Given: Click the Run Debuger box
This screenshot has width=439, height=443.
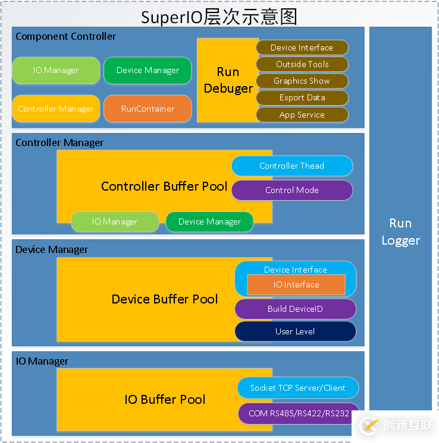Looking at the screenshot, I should pyautogui.click(x=228, y=80).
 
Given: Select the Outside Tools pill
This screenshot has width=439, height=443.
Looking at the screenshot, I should pyautogui.click(x=302, y=64).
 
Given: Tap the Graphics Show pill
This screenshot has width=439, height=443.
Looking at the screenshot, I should pyautogui.click(x=302, y=81).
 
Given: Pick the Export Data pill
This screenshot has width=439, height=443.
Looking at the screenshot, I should pyautogui.click(x=302, y=97).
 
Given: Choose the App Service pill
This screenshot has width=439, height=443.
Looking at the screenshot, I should pyautogui.click(x=302, y=115).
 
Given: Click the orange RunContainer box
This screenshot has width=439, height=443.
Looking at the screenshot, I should pyautogui.click(x=148, y=109).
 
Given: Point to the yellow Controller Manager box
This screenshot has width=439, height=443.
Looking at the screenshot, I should pyautogui.click(x=56, y=109).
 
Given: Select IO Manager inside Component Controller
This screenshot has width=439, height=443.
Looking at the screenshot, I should pyautogui.click(x=56, y=70).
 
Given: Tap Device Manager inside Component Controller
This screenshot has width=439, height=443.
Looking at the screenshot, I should pyautogui.click(x=148, y=70).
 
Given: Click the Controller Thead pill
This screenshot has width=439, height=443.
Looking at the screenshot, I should pyautogui.click(x=292, y=166).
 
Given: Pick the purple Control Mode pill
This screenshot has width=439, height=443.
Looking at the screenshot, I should pyautogui.click(x=292, y=190).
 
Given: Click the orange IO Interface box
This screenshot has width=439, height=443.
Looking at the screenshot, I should pyautogui.click(x=296, y=284).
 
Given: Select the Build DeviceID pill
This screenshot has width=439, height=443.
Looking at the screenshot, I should pyautogui.click(x=296, y=309).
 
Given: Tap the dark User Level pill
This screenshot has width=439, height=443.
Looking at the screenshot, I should pyautogui.click(x=296, y=331).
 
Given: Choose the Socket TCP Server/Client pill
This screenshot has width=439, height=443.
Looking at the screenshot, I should pyautogui.click(x=298, y=388).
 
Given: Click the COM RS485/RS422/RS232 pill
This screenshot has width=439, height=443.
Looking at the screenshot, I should pyautogui.click(x=298, y=413).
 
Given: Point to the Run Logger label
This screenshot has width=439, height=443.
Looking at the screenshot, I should pyautogui.click(x=400, y=232).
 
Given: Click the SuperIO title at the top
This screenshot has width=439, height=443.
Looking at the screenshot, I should pyautogui.click(x=219, y=17).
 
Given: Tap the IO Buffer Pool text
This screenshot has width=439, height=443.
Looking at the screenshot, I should pyautogui.click(x=165, y=399).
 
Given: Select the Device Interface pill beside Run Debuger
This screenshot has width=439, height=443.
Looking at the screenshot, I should pyautogui.click(x=302, y=48).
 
